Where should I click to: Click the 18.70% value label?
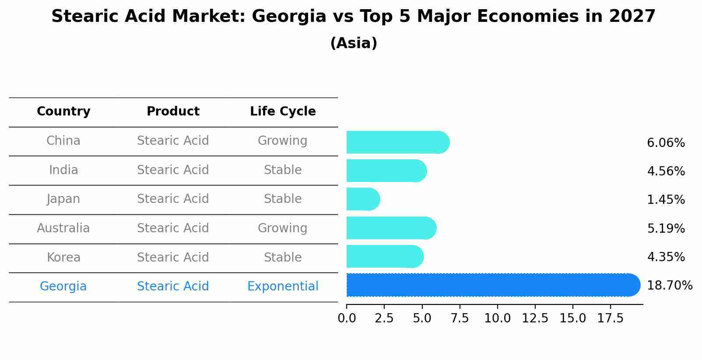click(669, 286)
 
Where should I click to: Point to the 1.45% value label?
click(666, 200)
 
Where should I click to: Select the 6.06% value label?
click(666, 143)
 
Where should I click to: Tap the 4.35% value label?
click(666, 257)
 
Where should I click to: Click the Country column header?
click(63, 112)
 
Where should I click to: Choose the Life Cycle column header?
click(283, 112)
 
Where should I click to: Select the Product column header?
click(173, 112)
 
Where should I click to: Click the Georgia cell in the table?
click(63, 287)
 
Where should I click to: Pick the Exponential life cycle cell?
click(283, 287)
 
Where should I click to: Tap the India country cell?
click(63, 170)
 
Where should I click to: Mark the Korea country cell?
click(63, 258)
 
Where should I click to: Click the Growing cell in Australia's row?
click(283, 228)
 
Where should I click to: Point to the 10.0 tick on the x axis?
click(497, 318)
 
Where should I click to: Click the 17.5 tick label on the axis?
click(610, 318)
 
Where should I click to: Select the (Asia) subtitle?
click(354, 43)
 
